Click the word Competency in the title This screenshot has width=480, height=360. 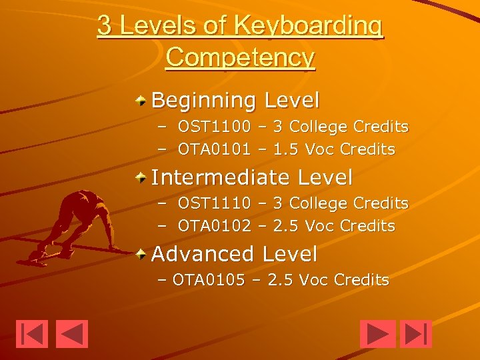click(240, 57)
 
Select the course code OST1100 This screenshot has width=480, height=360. click(214, 127)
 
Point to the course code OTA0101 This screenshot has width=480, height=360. click(214, 149)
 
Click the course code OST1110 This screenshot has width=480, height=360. click(214, 203)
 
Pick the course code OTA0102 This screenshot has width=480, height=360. click(214, 226)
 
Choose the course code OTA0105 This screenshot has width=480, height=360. click(209, 279)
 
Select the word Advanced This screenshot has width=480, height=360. click(203, 254)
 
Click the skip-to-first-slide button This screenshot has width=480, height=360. click(32, 334)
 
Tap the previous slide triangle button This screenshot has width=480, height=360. click(72, 334)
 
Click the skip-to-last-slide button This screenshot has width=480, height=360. click(416, 334)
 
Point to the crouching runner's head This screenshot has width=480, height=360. click(86, 198)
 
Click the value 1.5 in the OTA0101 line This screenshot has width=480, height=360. click(286, 149)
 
